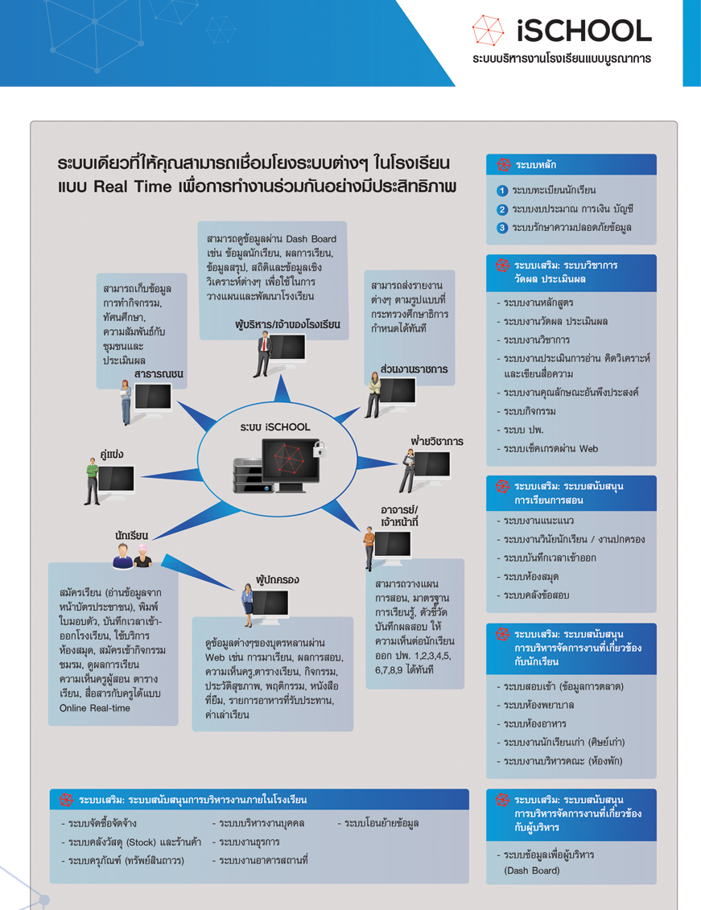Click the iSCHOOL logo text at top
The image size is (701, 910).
tap(583, 31)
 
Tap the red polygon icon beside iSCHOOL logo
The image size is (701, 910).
tap(488, 31)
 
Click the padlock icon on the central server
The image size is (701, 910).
tap(319, 449)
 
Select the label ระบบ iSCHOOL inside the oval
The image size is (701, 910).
tap(275, 427)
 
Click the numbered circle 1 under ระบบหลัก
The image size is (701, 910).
tap(502, 191)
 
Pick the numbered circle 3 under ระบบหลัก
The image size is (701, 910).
tap(502, 228)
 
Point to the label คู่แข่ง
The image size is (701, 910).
tap(111, 455)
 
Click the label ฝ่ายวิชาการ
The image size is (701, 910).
tap(437, 441)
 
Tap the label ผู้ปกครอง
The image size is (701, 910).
tap(278, 580)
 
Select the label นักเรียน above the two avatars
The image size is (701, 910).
tap(131, 535)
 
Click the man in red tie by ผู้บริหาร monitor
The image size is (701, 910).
tap(263, 354)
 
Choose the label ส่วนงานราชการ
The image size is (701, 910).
tap(414, 369)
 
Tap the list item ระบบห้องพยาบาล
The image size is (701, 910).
tap(538, 705)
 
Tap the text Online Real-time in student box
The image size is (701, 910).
tap(95, 708)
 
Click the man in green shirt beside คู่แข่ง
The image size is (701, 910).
tap(92, 481)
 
